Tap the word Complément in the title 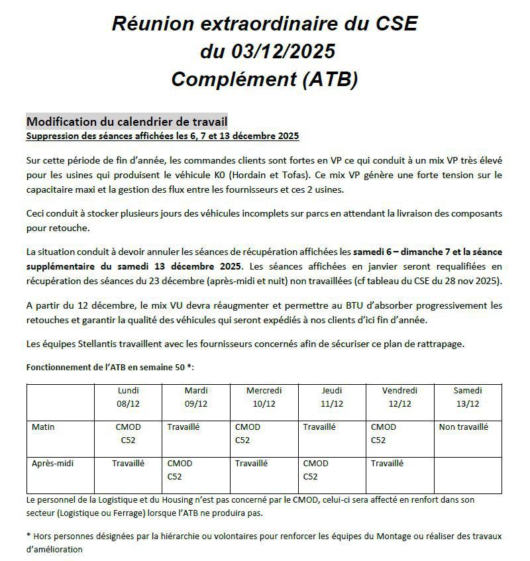point(233,79)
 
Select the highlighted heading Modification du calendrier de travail point(127,122)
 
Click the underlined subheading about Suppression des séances point(162,136)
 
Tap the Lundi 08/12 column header point(128,397)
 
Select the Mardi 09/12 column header point(196,397)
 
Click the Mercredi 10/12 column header point(264,397)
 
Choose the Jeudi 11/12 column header point(332,397)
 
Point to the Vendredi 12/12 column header point(399,397)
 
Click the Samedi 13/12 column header point(468,397)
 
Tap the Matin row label point(43,427)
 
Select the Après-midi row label point(52,464)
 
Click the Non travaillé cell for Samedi point(463,427)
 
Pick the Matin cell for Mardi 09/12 point(184,427)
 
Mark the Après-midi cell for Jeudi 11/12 point(315,470)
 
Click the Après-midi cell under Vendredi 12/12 point(387,464)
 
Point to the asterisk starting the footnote point(28,535)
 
